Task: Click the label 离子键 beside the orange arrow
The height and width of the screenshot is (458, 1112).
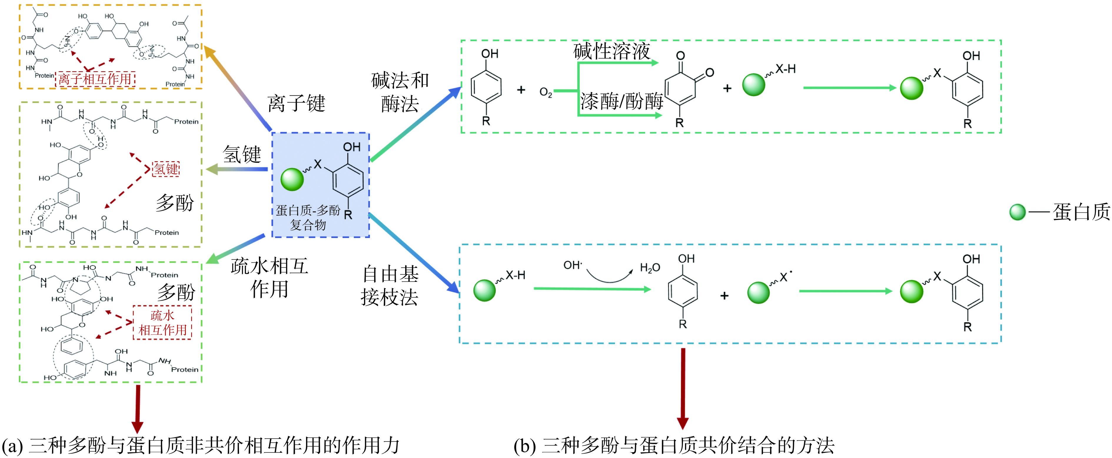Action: [296, 104]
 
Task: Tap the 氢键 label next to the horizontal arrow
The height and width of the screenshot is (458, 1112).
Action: [242, 154]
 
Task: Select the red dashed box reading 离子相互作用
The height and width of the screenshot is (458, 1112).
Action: [95, 79]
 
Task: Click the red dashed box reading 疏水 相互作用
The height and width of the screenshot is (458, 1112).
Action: [162, 322]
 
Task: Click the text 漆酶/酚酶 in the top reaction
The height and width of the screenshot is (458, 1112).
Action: [621, 101]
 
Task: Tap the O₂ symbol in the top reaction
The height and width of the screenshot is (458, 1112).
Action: [546, 92]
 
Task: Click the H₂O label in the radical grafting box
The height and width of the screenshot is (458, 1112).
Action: [650, 268]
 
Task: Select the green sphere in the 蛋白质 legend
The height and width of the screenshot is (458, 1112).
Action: [1018, 212]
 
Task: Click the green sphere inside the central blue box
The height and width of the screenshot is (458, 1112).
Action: [292, 179]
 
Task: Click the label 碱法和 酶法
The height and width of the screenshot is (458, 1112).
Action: [400, 92]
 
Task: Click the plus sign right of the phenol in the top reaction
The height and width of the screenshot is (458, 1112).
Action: [521, 90]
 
